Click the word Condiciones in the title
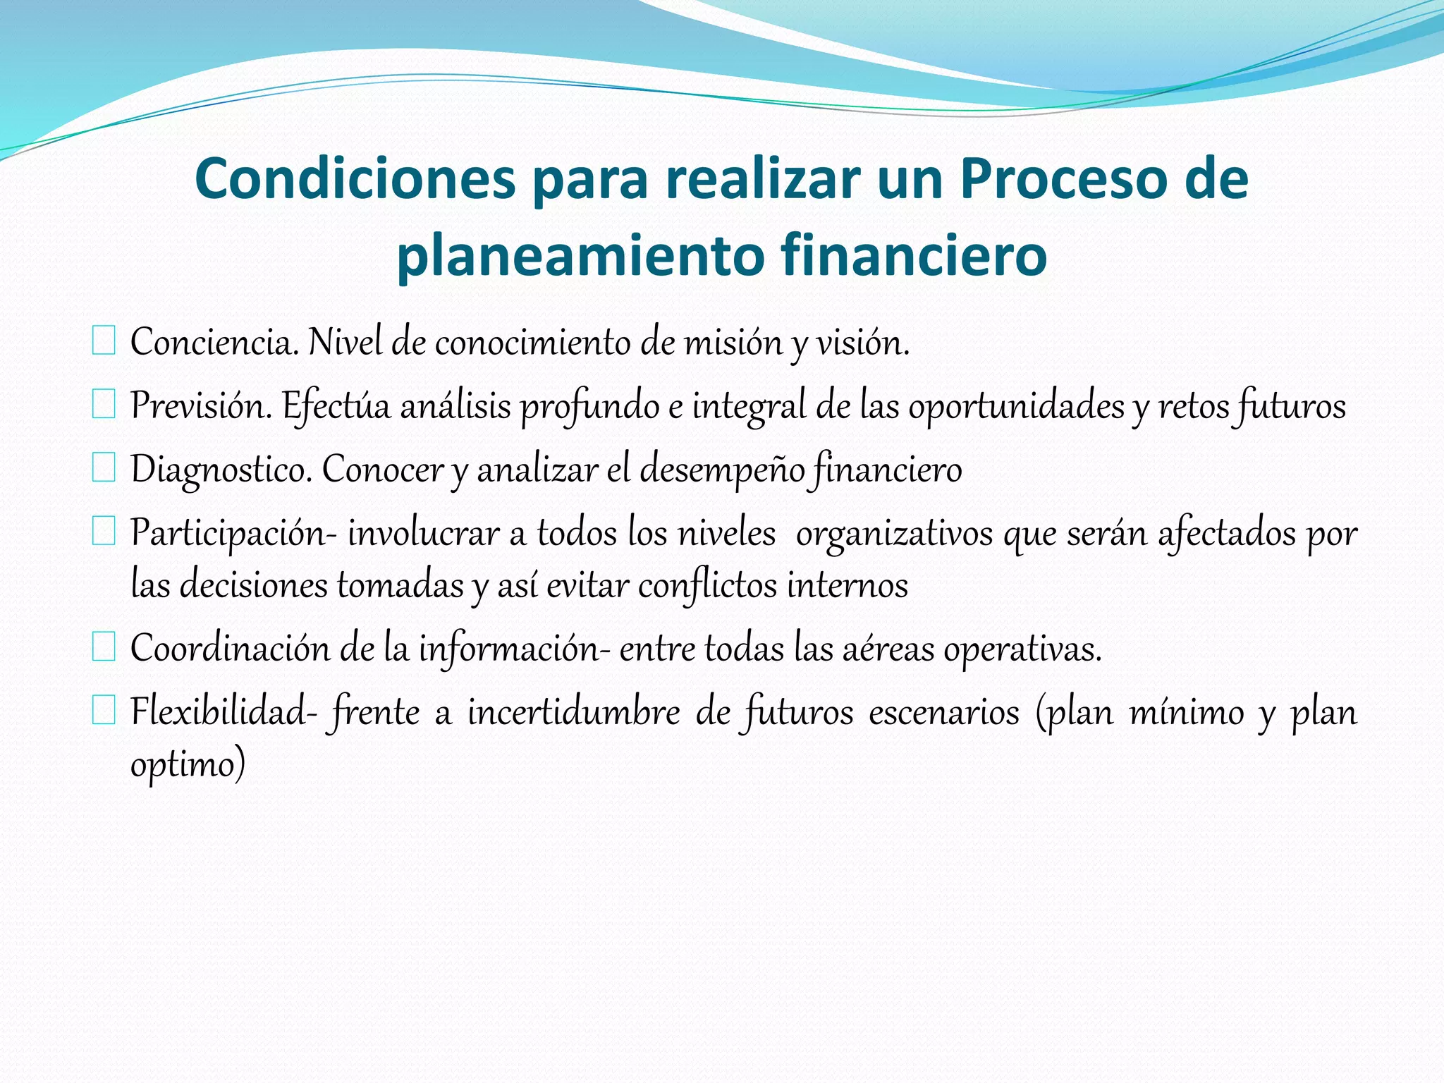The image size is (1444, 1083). (356, 179)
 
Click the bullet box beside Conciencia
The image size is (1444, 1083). (104, 341)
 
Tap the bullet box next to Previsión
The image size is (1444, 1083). (104, 405)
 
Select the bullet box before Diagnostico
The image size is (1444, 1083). (104, 468)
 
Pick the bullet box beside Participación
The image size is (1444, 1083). (104, 532)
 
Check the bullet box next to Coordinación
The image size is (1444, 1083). (104, 647)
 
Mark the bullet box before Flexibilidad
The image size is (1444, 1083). (104, 711)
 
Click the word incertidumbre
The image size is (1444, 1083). (574, 712)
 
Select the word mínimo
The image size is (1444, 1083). (1187, 712)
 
